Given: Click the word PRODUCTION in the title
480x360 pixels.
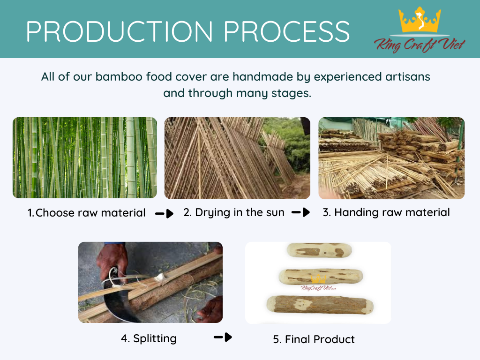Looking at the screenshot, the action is [x=120, y=31].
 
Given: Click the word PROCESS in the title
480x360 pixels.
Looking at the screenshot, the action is [x=287, y=31].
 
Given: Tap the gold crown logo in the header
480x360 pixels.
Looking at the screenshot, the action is [x=420, y=20].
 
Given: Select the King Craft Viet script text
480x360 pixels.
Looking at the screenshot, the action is [x=420, y=45].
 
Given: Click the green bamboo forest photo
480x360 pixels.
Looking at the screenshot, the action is [x=85, y=157].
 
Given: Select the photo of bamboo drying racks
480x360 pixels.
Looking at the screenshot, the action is [x=237, y=158].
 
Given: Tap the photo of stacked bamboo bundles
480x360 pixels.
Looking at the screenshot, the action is [x=391, y=158].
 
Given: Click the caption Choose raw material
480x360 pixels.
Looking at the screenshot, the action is [x=87, y=213].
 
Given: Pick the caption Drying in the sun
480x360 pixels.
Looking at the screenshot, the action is [x=234, y=212].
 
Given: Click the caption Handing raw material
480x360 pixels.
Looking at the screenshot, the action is [x=386, y=212].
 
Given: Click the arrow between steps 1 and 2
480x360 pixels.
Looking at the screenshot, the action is [x=165, y=213].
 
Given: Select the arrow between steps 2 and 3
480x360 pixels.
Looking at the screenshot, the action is [x=300, y=212].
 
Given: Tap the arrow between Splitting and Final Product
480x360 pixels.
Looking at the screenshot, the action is [x=223, y=337].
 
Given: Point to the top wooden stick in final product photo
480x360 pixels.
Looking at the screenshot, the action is [x=319, y=251].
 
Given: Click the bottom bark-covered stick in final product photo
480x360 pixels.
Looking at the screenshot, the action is [x=320, y=305].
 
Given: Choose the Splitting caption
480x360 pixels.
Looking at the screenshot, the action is [x=149, y=338].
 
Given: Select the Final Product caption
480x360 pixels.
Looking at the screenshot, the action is [x=314, y=339].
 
